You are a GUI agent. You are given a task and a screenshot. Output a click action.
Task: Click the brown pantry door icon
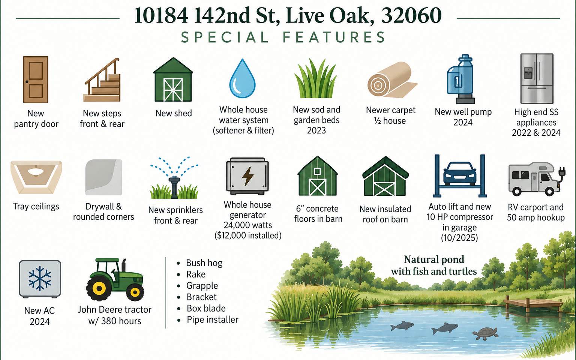(x=36, y=79)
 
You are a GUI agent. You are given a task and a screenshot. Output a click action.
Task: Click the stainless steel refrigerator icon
(x=537, y=78)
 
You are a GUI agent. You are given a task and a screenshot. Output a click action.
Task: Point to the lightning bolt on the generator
(x=248, y=176)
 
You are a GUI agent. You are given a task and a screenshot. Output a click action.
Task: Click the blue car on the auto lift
(x=459, y=174)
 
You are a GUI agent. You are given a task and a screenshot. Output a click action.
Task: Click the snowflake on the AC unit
(x=40, y=279)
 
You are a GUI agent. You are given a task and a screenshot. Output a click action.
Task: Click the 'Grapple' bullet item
(x=202, y=285)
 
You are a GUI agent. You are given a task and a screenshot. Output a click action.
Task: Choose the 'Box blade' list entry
(x=206, y=308)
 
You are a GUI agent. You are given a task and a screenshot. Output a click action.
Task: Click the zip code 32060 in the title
(x=411, y=15)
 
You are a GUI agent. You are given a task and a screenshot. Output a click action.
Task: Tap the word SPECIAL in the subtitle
(x=225, y=37)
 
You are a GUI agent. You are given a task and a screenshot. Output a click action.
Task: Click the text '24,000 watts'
(x=247, y=225)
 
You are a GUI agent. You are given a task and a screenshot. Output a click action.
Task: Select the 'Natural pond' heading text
(x=434, y=260)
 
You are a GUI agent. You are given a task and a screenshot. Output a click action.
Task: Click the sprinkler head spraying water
(x=174, y=186)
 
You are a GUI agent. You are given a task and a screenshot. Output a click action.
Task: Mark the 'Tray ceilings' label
(x=36, y=207)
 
